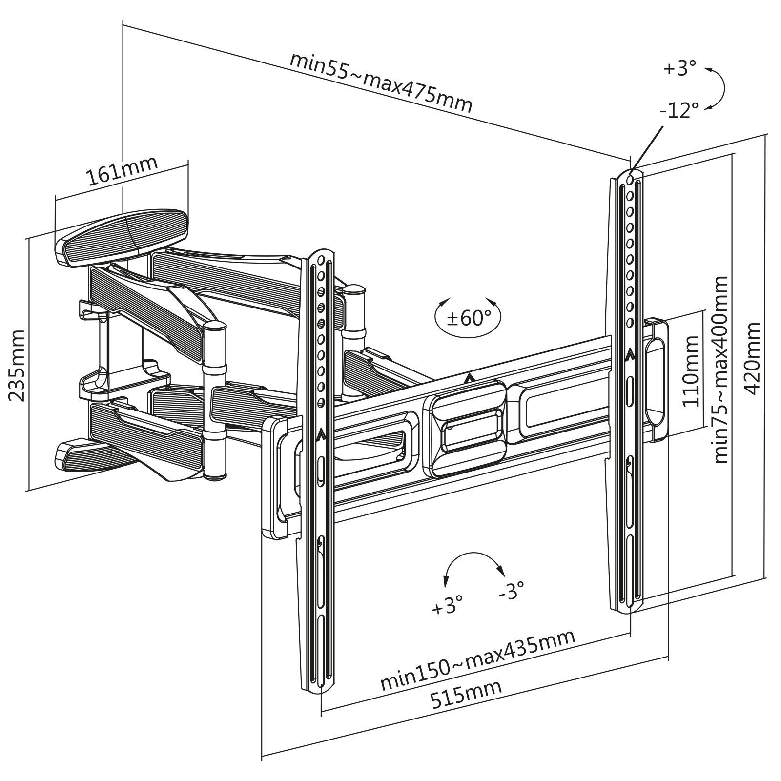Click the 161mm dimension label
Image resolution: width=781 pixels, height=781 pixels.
click(122, 171)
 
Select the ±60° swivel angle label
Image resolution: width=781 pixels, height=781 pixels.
click(469, 319)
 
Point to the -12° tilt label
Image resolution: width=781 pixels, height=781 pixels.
click(678, 110)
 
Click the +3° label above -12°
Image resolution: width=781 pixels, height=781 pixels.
click(679, 69)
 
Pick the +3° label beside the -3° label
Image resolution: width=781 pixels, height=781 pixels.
click(447, 608)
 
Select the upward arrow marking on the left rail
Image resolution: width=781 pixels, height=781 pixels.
click(321, 434)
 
